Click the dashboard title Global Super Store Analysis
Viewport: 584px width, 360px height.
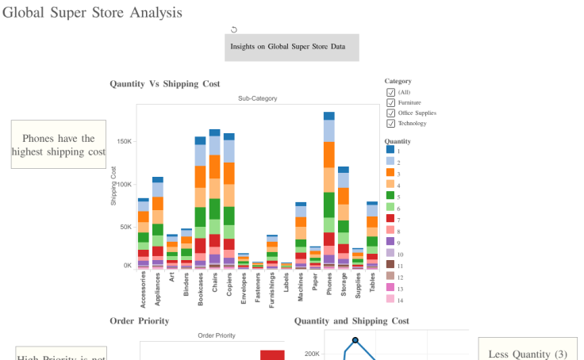[x=92, y=13]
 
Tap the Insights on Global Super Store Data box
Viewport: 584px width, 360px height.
[x=291, y=47]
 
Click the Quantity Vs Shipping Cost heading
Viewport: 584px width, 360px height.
[x=165, y=83]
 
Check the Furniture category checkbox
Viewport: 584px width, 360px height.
[x=391, y=102]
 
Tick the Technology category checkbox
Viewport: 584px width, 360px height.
[x=391, y=123]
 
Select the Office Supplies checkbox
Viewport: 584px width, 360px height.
[x=391, y=113]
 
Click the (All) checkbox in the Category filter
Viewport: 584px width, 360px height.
[x=391, y=92]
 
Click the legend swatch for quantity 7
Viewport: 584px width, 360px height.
[x=390, y=219]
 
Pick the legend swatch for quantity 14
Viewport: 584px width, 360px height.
[x=390, y=299]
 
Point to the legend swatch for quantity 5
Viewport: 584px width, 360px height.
[x=390, y=196]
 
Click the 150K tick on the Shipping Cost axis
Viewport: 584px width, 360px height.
[x=124, y=142]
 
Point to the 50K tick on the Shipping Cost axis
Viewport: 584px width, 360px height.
[x=125, y=227]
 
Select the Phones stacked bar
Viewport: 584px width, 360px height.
[x=329, y=190]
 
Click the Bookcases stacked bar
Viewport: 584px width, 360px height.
[x=201, y=202]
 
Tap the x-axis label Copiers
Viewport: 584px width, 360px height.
[x=229, y=283]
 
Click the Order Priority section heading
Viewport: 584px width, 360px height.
[x=139, y=320]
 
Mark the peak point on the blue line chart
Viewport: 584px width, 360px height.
[x=355, y=340]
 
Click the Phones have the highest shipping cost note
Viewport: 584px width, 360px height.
[x=59, y=144]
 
